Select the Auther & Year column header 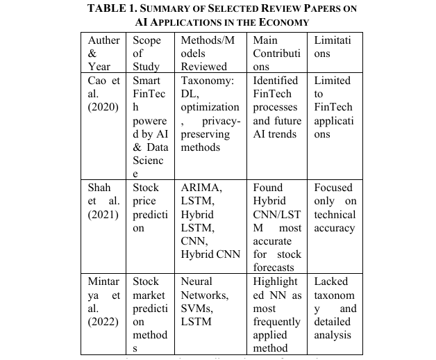[103, 53]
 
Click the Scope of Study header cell [146, 53]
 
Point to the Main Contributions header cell [276, 53]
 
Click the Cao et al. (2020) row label [103, 94]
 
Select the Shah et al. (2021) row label [103, 201]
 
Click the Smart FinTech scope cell [146, 127]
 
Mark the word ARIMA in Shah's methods [201, 188]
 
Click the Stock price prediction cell [146, 208]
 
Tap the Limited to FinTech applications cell [333, 107]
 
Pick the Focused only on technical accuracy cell [334, 208]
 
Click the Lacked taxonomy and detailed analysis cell [334, 309]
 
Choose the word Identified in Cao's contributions [276, 81]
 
